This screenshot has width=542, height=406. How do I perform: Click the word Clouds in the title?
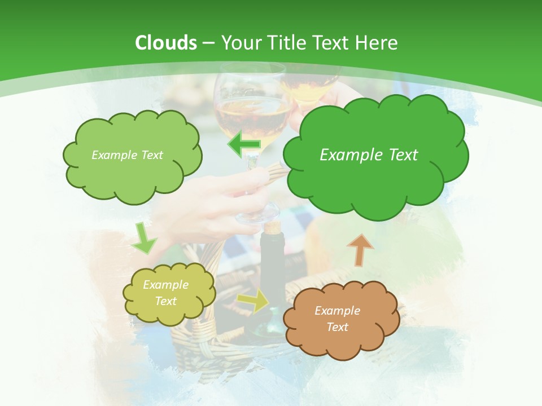click(166, 43)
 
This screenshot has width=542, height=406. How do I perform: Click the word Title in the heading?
click(285, 43)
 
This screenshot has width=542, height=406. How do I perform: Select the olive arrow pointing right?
click(253, 302)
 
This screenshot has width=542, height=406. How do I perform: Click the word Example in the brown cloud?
click(337, 311)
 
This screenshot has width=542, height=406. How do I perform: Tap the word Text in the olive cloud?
click(165, 301)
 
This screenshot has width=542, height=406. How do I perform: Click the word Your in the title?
click(241, 43)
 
